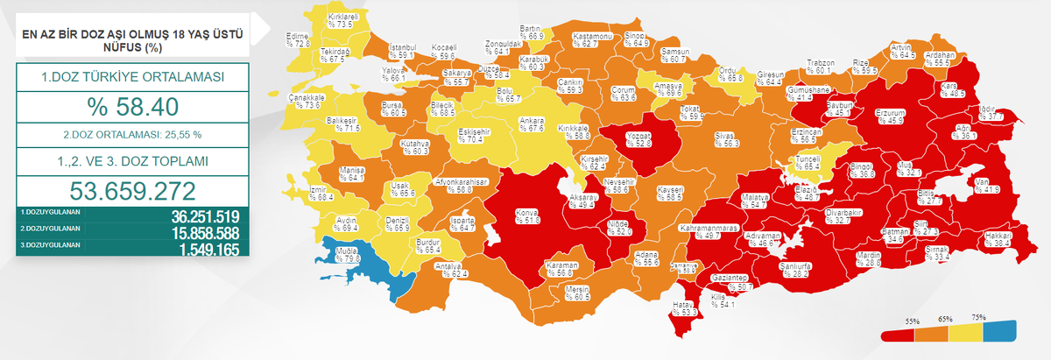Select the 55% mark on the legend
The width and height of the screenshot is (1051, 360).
tap(913, 321)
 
